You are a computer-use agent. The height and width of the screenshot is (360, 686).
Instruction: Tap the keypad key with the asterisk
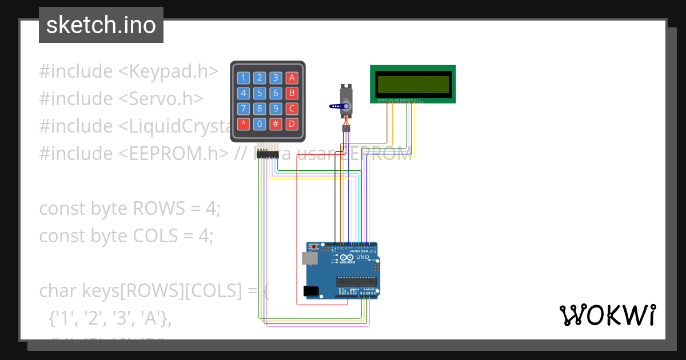coord(244,123)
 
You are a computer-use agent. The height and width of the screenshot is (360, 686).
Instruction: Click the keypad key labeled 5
coord(260,93)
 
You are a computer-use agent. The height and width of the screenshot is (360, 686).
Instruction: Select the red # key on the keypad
coord(276,123)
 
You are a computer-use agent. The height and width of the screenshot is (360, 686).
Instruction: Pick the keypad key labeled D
coord(292,123)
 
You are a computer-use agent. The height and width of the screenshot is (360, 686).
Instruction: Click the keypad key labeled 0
coord(260,123)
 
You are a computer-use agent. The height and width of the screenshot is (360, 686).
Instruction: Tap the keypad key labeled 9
coord(276,109)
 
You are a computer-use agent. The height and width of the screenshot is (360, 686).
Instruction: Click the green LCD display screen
coord(413,84)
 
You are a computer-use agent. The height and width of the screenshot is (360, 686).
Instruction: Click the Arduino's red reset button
coord(314,247)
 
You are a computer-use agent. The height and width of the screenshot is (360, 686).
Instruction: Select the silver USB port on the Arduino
coord(309,258)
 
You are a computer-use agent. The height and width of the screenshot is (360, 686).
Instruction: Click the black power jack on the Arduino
coord(310,291)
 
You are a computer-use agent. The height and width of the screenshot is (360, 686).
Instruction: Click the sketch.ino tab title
coord(101,25)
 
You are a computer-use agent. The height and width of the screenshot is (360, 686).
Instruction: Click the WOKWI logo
coord(607,315)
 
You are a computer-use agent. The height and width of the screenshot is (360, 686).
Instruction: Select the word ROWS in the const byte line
coord(159,209)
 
